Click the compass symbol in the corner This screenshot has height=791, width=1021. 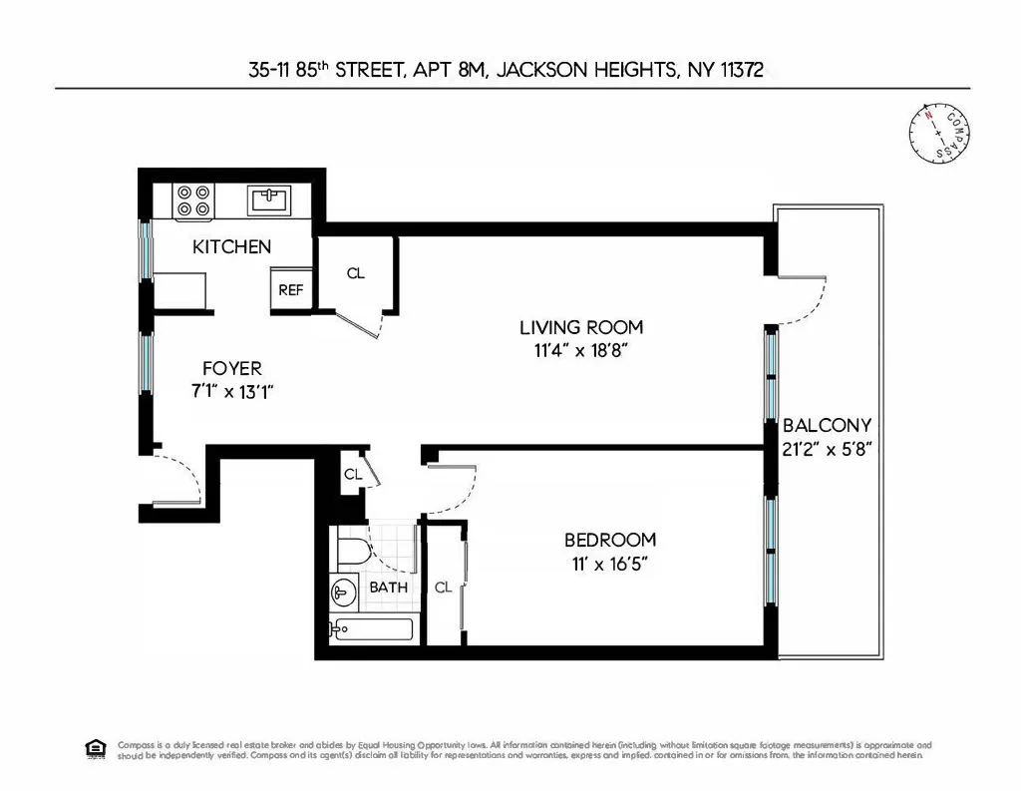tap(939, 134)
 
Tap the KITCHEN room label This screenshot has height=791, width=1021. tap(231, 246)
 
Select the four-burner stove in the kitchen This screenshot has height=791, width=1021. tap(192, 200)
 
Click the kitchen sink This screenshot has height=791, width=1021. tap(269, 199)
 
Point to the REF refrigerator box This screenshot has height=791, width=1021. tap(290, 290)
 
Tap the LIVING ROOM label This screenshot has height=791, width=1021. tap(581, 327)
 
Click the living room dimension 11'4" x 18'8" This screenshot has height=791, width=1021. tap(581, 350)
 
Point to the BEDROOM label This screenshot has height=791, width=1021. tap(610, 541)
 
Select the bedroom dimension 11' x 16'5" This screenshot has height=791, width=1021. tap(610, 564)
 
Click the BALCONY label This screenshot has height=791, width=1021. tap(828, 425)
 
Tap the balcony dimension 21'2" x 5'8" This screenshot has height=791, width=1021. tap(828, 448)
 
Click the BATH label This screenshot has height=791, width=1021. tap(388, 588)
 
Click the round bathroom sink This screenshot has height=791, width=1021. tap(343, 592)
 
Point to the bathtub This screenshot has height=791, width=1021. tap(370, 630)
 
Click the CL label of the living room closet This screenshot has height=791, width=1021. tap(356, 273)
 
